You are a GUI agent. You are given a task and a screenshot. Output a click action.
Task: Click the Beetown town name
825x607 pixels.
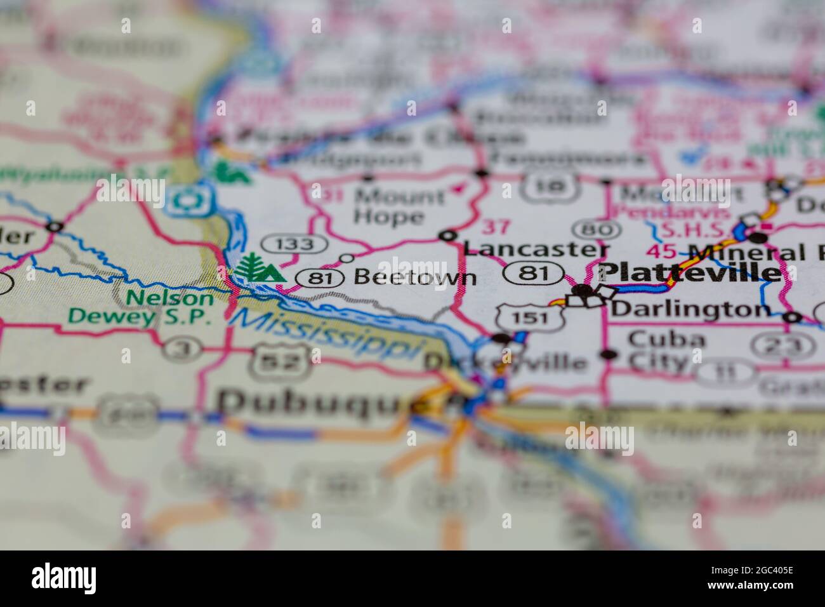tap(414, 277)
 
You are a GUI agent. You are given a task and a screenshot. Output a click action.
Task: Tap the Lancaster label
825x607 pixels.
tap(536, 248)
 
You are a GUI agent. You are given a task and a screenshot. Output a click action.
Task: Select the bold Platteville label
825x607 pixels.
tap(690, 272)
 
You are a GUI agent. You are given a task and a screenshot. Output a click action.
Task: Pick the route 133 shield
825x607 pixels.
tap(296, 243)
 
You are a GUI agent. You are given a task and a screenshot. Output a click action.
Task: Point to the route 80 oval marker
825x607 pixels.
tap(597, 229)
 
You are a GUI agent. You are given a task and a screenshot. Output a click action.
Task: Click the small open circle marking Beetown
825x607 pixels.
tap(347, 258)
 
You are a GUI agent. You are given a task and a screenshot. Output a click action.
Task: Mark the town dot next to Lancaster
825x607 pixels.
tap(449, 236)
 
